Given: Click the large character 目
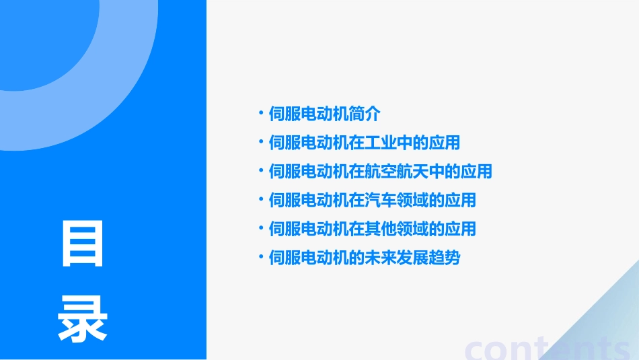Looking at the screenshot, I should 83,242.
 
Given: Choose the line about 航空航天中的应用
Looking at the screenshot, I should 380,172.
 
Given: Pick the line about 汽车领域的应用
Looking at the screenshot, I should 372,200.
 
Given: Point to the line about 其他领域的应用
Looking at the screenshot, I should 372,229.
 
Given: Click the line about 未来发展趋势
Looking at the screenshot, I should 364,257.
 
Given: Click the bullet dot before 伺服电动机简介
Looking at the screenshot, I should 261,113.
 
